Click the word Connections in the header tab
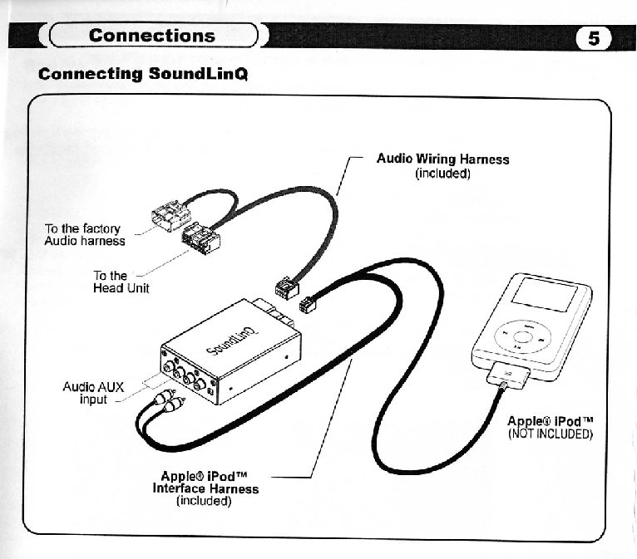coord(151,36)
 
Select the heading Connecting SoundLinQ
coord(143,74)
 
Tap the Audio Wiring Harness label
coord(442,159)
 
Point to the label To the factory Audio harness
coord(84,235)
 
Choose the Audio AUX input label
coord(93,393)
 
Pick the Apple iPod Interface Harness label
coord(205,483)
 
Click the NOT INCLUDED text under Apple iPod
coord(550,434)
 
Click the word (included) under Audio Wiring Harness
coord(442,174)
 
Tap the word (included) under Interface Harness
coord(205,502)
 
